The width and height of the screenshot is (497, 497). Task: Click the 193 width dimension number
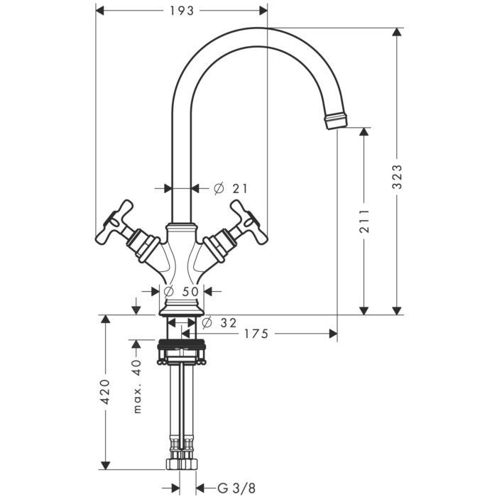tap(182, 11)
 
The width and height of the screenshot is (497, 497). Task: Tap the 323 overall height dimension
tap(397, 177)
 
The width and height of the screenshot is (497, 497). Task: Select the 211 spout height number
tap(364, 221)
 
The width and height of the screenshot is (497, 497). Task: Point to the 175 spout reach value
tap(256, 334)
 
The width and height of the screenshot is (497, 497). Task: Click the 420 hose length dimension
tap(105, 392)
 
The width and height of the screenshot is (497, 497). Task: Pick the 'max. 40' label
tap(137, 386)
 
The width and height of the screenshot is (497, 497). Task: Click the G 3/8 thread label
tap(236, 488)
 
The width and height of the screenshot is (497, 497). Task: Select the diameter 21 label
tap(231, 189)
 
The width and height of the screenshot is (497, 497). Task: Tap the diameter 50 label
tap(181, 291)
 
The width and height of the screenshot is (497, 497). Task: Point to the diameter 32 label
tap(219, 323)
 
